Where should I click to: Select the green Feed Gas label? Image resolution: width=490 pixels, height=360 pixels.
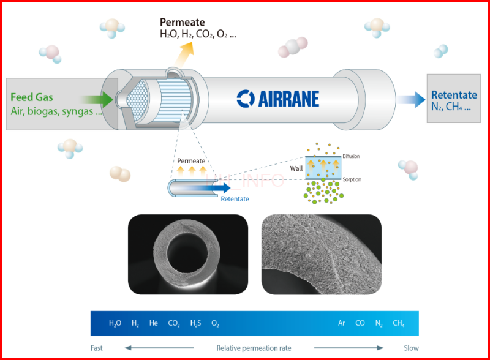click(x=32, y=97)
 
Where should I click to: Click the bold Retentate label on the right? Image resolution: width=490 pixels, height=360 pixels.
click(x=454, y=95)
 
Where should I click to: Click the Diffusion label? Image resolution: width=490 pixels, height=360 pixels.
click(x=352, y=156)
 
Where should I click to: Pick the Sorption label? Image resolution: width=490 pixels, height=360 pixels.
click(x=352, y=179)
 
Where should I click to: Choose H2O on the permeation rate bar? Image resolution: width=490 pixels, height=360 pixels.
click(x=115, y=323)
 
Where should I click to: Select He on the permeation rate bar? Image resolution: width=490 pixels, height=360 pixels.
click(x=153, y=323)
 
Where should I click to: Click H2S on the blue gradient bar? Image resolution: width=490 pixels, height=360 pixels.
click(x=195, y=323)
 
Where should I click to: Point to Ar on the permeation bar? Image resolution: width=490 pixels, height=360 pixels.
click(x=342, y=323)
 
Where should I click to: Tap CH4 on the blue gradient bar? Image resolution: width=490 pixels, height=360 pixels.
click(x=398, y=323)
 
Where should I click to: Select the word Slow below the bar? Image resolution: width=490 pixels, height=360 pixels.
click(x=411, y=348)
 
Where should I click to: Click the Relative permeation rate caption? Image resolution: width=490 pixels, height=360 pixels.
click(x=254, y=348)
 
